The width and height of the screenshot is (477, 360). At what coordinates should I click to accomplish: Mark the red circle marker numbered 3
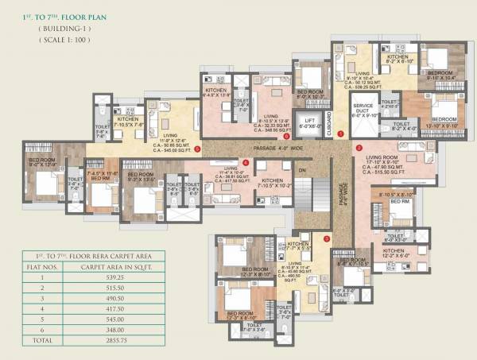click(x=327, y=238)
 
